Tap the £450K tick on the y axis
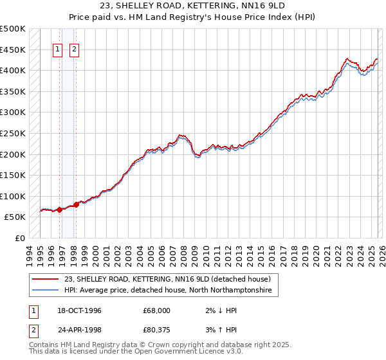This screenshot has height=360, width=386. point(13,50)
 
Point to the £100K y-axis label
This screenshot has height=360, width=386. point(13,196)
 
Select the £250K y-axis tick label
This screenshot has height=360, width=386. point(13,133)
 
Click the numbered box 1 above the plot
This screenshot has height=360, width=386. point(58,49)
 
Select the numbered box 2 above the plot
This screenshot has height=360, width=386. point(75,49)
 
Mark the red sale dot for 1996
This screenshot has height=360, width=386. point(60,210)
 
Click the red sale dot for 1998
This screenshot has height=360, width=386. point(77,204)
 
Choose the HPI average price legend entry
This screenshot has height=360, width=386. point(168,291)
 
